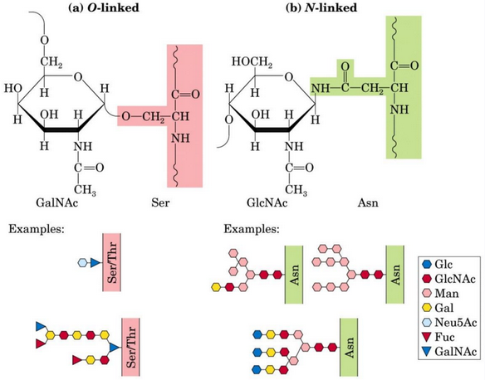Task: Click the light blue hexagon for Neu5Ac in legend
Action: [425, 324]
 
